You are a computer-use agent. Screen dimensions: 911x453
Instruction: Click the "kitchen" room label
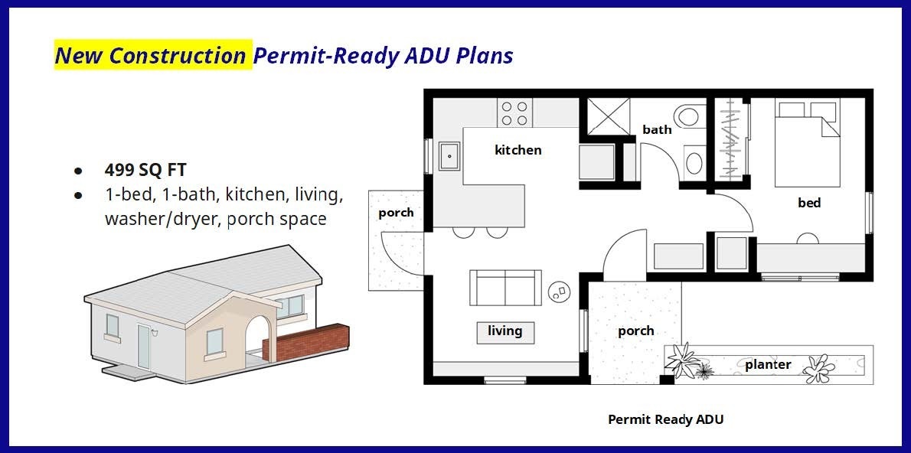click(518, 150)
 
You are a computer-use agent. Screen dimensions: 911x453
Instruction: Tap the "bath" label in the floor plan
click(657, 129)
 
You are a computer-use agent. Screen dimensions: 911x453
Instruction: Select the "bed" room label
click(809, 203)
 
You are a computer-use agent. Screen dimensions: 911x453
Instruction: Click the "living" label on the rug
click(505, 331)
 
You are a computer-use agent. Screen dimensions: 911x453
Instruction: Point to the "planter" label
click(768, 365)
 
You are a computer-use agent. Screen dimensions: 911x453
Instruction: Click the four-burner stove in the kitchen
click(514, 112)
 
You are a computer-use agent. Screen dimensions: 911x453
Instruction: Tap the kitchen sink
click(449, 156)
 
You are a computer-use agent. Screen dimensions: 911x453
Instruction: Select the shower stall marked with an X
click(609, 117)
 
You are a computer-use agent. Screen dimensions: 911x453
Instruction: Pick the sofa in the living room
click(505, 288)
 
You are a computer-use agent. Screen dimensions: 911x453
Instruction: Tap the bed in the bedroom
click(807, 142)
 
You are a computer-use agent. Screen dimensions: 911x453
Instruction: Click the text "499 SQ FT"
click(145, 170)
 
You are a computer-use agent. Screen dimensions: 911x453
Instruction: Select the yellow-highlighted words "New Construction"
click(151, 55)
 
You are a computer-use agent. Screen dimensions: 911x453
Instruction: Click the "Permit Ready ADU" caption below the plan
click(666, 419)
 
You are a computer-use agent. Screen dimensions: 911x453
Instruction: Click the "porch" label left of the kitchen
click(397, 213)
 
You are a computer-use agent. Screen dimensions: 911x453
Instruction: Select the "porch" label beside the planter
click(635, 331)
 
